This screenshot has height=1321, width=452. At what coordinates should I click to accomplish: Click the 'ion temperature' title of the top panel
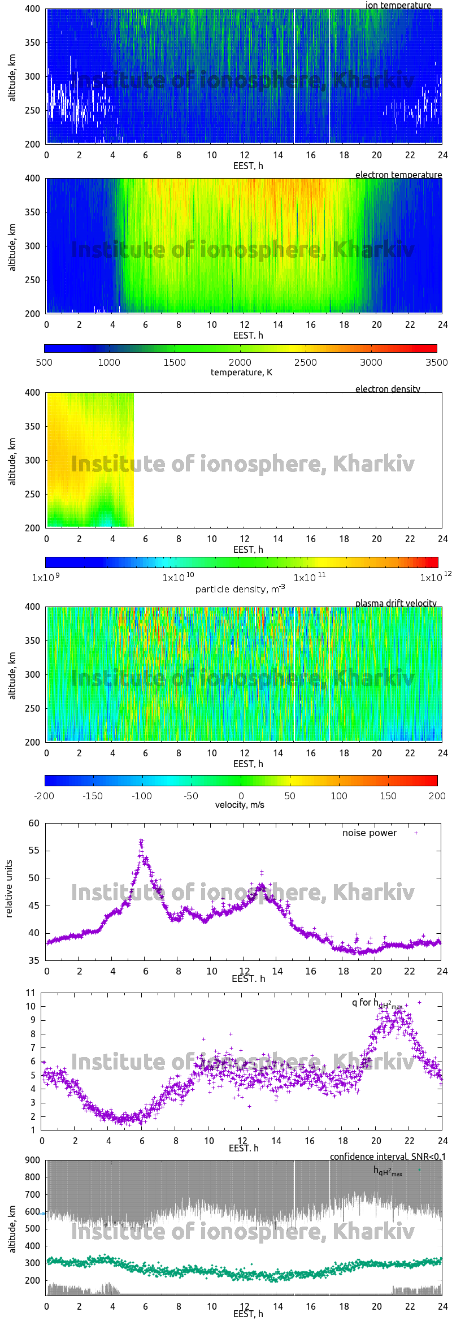tap(398, 5)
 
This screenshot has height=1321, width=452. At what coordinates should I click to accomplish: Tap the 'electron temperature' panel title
tap(398, 175)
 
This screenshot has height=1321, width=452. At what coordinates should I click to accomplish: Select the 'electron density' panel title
tap(388, 389)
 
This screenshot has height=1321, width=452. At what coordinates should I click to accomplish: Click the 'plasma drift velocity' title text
tap(395, 603)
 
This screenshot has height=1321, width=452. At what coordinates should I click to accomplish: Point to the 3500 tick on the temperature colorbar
tap(436, 362)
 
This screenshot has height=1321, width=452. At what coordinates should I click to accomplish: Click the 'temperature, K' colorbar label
tap(241, 373)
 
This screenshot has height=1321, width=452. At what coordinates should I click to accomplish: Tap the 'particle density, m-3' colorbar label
tap(240, 589)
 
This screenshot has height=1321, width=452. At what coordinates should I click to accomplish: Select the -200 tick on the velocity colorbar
tap(44, 796)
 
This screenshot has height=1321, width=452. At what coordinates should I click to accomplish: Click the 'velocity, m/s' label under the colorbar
tap(240, 805)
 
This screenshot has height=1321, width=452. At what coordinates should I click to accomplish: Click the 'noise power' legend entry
tap(370, 833)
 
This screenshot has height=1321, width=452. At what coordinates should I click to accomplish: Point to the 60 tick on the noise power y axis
tap(34, 823)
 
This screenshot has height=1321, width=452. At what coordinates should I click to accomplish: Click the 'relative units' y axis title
tap(8, 889)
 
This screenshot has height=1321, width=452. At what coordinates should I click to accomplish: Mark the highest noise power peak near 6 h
tap(141, 841)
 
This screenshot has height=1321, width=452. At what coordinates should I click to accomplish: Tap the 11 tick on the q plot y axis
tap(31, 993)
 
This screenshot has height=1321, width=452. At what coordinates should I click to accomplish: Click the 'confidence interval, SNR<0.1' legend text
tap(388, 1157)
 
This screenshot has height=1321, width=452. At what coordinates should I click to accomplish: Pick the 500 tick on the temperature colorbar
tap(44, 362)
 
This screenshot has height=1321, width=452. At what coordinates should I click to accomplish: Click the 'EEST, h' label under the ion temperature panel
tap(248, 166)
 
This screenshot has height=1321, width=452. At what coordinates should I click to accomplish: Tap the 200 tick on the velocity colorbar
tap(437, 796)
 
